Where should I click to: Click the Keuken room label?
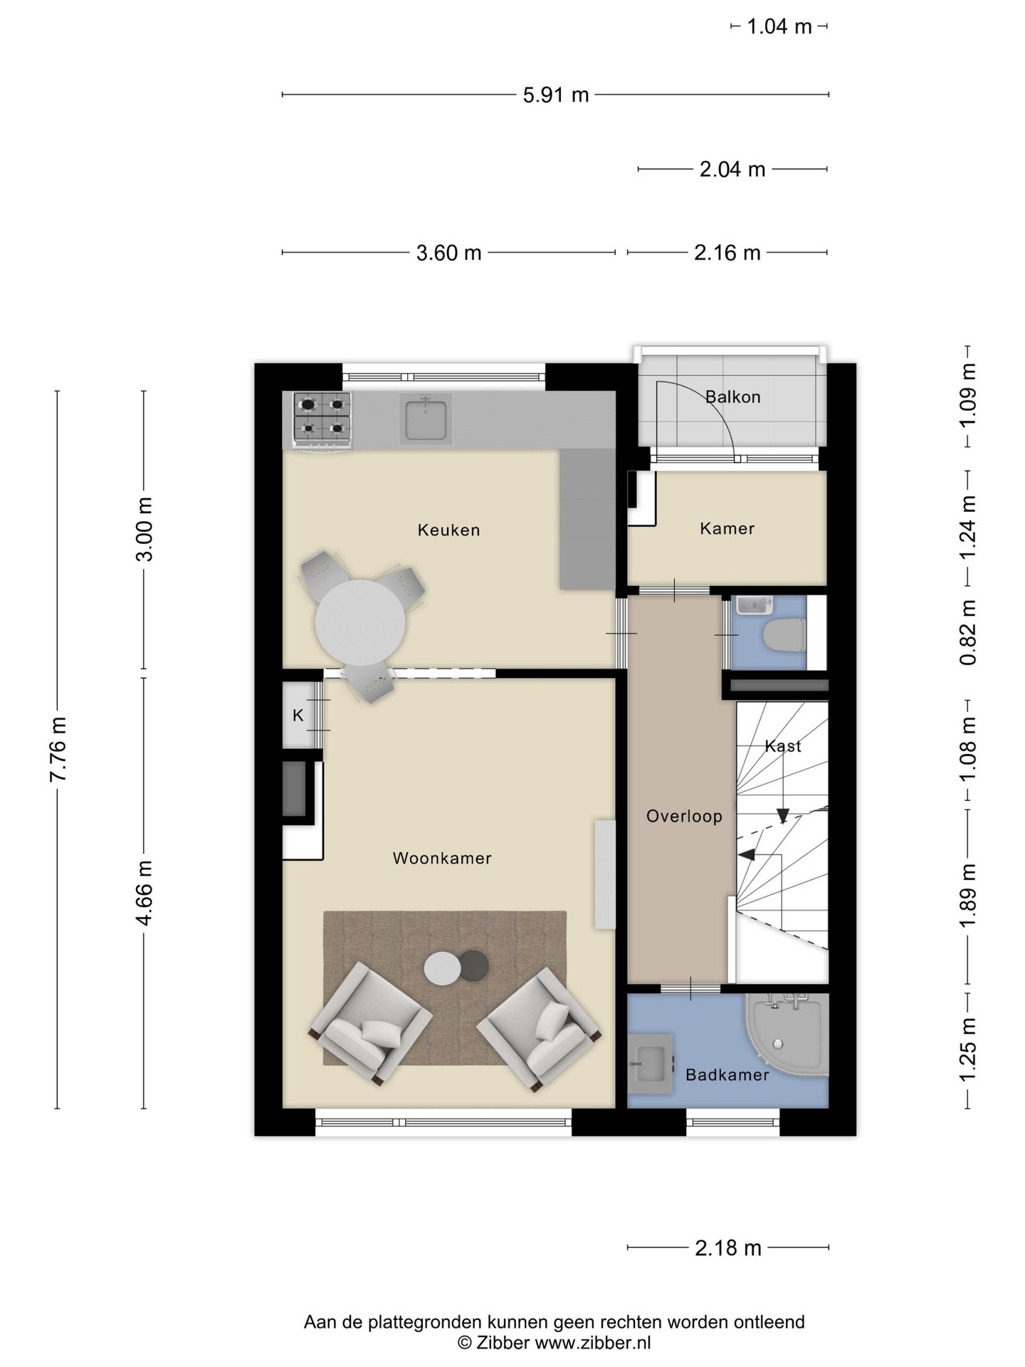tap(448, 530)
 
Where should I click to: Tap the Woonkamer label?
tap(441, 858)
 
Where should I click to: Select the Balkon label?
tap(732, 397)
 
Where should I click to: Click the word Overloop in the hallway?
tap(683, 816)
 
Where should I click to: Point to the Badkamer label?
tap(727, 1074)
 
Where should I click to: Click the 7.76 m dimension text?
tap(58, 749)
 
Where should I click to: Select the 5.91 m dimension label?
tap(555, 95)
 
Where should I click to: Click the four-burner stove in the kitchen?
tap(322, 420)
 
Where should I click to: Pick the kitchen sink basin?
tap(426, 420)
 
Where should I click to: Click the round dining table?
tap(360, 622)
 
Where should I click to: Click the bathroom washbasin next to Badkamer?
tap(649, 1064)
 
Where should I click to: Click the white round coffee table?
tap(442, 969)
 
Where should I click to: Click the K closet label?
tap(298, 716)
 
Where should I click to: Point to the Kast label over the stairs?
tap(782, 745)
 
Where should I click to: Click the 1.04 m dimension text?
tap(779, 27)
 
